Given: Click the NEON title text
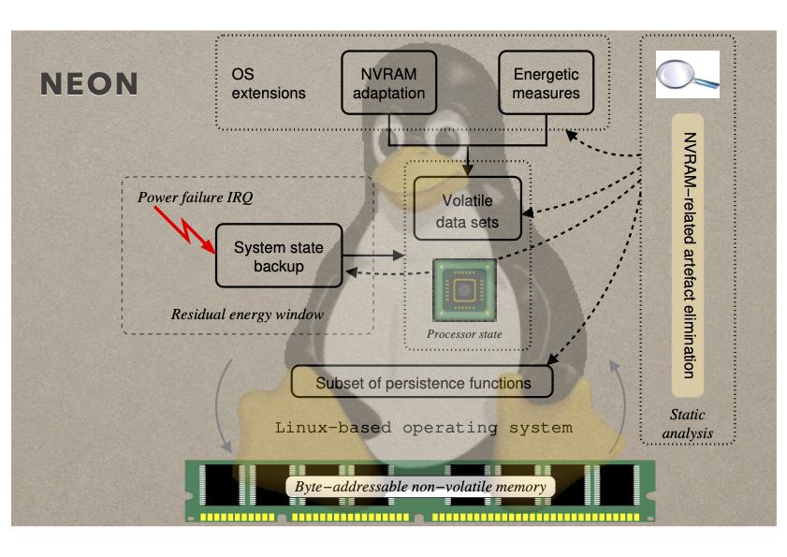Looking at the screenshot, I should (90, 83).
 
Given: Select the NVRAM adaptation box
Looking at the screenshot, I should (388, 82).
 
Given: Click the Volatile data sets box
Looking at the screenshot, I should (467, 212).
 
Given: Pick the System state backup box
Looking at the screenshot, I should (279, 257).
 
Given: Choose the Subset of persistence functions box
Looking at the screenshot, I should (422, 382).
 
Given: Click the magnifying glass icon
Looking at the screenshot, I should (687, 75).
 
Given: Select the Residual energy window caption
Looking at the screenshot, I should (247, 315).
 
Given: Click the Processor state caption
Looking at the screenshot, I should (464, 334).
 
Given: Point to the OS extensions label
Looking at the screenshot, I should (269, 83).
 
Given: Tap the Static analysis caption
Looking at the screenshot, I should (688, 423).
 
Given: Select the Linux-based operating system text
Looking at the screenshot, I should (423, 428).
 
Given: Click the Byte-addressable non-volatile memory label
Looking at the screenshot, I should (416, 487).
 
